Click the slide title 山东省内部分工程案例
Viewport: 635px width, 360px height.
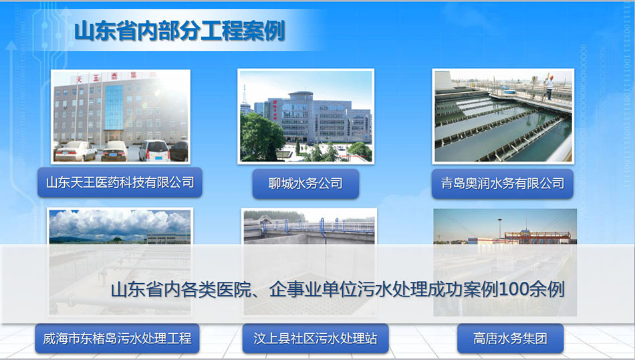coord(180,31)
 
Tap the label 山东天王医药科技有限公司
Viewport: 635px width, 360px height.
coord(120,182)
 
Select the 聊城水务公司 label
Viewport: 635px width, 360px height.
coord(305,184)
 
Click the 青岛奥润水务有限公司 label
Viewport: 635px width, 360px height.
coord(502,184)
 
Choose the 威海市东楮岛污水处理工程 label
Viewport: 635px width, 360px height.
coord(117,338)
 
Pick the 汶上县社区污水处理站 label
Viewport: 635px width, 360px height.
coord(315,338)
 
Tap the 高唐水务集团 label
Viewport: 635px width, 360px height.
coord(510,338)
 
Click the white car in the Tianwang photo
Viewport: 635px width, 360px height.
coord(76,152)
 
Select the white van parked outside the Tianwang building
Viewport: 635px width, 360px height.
coord(154,150)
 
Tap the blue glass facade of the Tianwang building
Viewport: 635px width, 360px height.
coord(114,107)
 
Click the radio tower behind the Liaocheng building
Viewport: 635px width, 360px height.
coord(245,95)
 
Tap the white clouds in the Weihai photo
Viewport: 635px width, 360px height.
coord(120,223)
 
